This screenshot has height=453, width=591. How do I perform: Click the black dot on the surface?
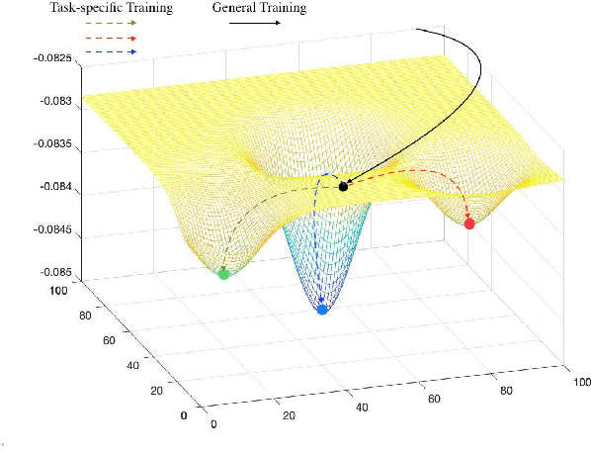[343, 186]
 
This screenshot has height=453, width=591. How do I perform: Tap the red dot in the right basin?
[469, 225]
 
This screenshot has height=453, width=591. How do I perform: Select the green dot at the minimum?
[223, 274]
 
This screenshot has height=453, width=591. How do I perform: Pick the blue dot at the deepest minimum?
[321, 310]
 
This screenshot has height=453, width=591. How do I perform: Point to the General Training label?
[260, 8]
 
